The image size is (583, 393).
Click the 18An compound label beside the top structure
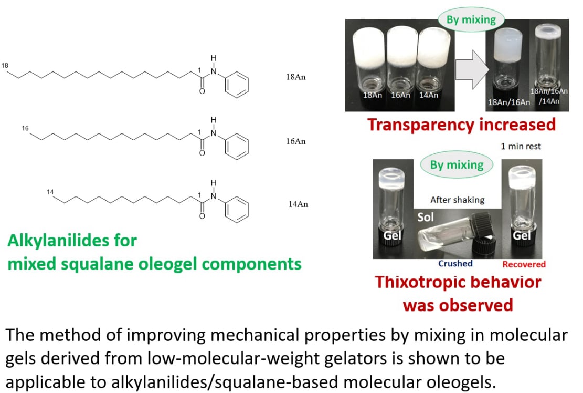coord(296,77)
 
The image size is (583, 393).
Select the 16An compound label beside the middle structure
coord(296,141)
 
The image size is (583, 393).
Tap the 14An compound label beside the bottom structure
coord(298,204)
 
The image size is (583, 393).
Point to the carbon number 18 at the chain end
coord(6,66)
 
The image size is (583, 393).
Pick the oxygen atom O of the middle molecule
coord(202,154)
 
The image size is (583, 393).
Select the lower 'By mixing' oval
coord(457,165)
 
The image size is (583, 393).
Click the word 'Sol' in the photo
coord(426,217)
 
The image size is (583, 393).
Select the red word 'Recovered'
coord(524,264)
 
